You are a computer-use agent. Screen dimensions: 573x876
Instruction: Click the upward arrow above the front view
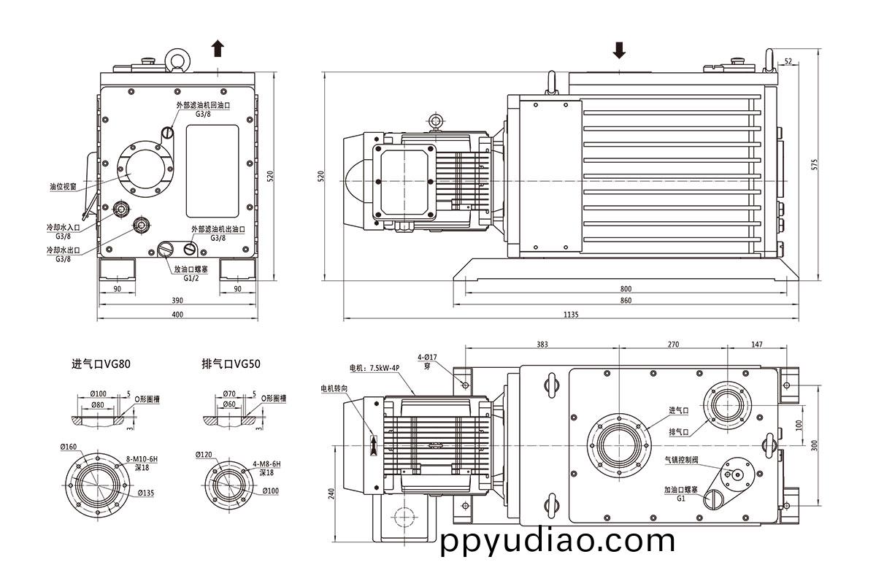218,49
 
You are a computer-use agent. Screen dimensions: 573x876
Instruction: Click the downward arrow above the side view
619,49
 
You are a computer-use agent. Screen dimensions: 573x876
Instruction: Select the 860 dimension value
626,301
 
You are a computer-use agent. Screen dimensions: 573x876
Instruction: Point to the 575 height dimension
815,164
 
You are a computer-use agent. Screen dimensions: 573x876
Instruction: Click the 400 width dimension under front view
177,315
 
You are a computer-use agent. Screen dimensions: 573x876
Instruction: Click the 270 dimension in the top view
673,344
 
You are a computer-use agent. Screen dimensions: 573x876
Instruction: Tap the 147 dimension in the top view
756,344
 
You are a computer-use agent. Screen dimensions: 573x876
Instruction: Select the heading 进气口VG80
101,363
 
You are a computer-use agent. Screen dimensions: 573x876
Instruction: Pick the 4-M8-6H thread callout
268,464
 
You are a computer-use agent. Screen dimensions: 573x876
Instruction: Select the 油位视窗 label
64,187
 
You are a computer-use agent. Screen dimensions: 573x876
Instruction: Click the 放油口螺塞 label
188,269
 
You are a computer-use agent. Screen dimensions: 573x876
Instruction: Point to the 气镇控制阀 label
681,461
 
